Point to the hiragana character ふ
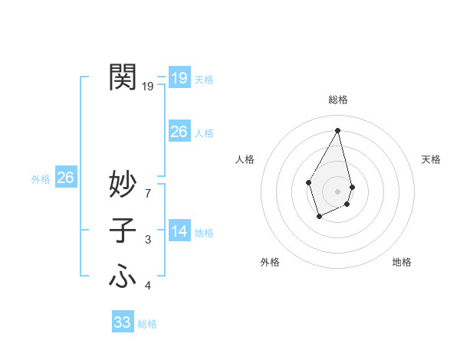click(x=123, y=276)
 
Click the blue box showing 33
click(x=123, y=322)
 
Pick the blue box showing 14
click(x=179, y=231)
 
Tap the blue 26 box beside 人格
click(x=179, y=132)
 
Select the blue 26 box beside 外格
click(x=65, y=178)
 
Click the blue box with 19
click(x=179, y=77)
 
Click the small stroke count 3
click(x=147, y=241)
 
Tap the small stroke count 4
click(x=147, y=286)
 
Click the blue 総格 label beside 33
click(x=147, y=324)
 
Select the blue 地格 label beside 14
click(x=204, y=233)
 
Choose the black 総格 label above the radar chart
click(x=338, y=100)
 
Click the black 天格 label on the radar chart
click(x=432, y=159)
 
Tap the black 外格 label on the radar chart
click(x=270, y=262)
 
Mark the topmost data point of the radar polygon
click(x=338, y=130)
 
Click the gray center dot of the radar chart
click(x=338, y=190)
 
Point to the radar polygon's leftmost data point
click(x=309, y=182)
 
